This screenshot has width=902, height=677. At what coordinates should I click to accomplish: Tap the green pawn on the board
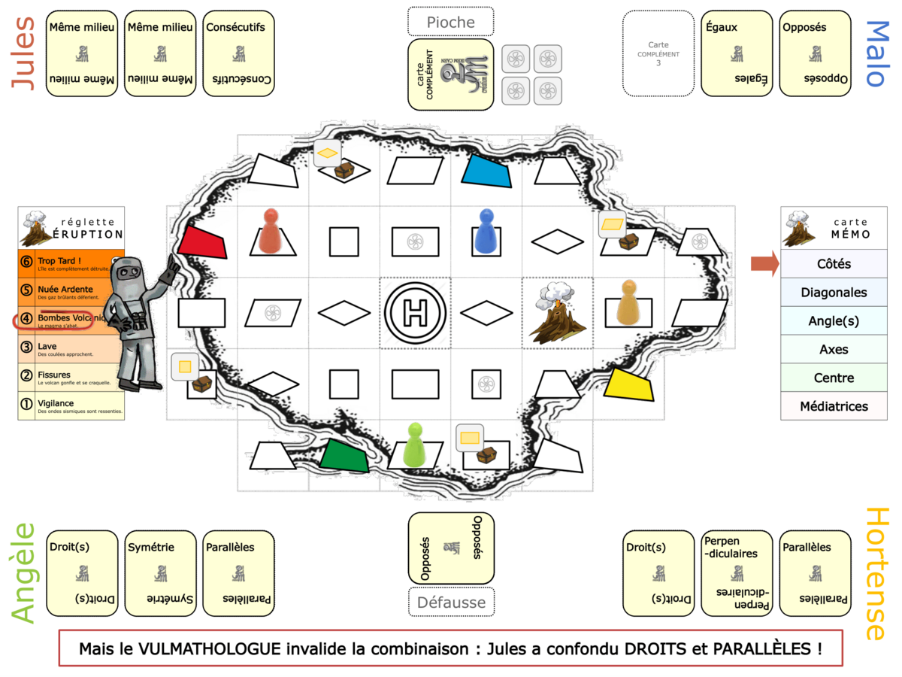415,445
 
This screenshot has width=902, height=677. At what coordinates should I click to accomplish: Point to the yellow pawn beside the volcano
628,302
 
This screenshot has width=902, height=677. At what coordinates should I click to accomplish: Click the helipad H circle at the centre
415,313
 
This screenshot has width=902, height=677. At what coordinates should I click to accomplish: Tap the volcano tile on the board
557,313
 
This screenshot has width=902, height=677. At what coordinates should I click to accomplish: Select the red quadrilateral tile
202,242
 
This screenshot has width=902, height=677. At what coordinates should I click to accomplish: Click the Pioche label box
451,22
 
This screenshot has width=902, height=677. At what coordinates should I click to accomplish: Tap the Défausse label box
451,602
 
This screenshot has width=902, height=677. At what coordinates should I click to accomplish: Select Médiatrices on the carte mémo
833,406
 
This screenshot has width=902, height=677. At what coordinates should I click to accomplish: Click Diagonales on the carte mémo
833,293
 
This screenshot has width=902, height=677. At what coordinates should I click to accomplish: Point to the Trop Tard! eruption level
71,263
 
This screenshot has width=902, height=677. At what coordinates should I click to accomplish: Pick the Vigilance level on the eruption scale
71,406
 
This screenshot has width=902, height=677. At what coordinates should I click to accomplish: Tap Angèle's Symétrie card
160,573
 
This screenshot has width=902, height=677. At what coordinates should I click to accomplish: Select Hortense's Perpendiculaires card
737,573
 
